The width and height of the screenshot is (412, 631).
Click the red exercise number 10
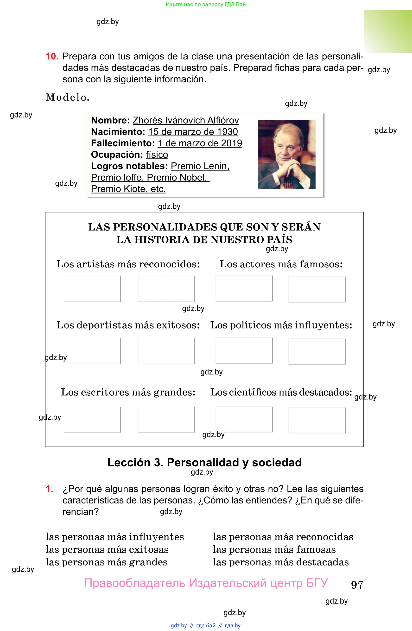[52, 57]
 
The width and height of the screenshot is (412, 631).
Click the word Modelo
[67, 97]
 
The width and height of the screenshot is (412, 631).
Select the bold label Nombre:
[110, 120]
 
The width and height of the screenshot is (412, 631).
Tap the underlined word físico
[157, 155]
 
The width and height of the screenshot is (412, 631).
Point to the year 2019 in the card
[232, 143]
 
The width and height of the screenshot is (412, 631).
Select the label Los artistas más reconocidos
[128, 264]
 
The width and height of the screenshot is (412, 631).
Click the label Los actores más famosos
[281, 264]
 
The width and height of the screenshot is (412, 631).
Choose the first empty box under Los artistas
[92, 289]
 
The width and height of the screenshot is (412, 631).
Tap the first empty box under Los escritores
[92, 419]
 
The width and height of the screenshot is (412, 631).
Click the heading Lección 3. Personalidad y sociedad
[204, 462]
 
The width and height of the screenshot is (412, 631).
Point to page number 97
[357, 585]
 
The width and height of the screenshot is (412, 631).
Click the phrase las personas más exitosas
[107, 549]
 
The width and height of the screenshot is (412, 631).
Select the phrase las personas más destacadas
[281, 562]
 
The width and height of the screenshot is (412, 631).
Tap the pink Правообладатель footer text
[206, 583]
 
